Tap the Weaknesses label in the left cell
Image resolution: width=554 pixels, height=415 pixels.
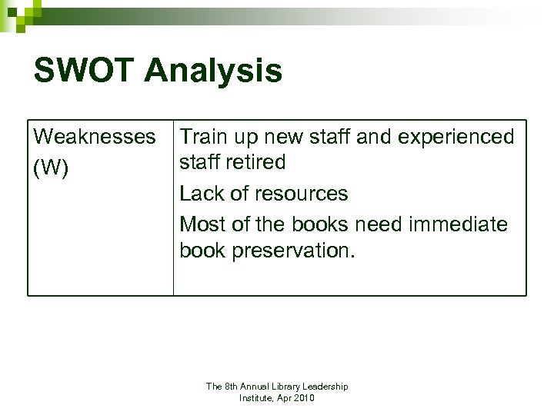(x=94, y=137)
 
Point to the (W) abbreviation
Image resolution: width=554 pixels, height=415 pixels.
(x=52, y=168)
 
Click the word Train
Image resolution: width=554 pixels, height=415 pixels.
(x=204, y=137)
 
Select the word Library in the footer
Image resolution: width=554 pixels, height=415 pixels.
(x=280, y=387)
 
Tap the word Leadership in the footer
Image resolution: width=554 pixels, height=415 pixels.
(x=324, y=387)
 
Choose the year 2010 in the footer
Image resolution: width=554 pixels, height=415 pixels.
(x=303, y=398)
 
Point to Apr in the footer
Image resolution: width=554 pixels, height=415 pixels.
(x=282, y=398)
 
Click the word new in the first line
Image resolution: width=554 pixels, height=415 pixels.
(x=295, y=137)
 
